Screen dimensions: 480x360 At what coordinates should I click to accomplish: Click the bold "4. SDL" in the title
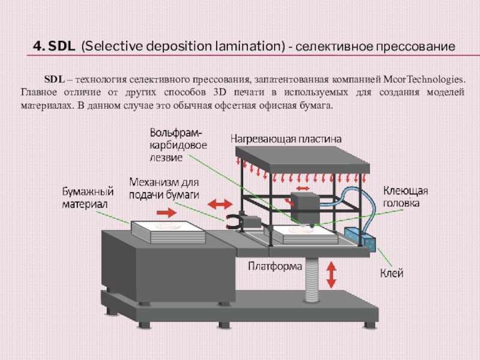pos(54,46)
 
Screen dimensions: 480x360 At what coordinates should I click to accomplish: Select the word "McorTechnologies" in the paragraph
pos(424,79)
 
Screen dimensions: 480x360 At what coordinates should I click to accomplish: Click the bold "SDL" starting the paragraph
pos(55,79)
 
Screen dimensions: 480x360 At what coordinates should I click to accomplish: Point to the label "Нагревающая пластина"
pos(286,139)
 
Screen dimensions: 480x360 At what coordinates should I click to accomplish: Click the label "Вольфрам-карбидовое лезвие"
pos(178,145)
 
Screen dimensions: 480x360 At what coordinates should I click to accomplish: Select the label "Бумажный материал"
pos(88,197)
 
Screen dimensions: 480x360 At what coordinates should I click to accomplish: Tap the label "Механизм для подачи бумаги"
pos(164,188)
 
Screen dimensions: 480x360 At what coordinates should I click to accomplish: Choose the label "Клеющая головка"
pos(406,197)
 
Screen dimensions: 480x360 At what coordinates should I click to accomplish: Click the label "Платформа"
pos(275,266)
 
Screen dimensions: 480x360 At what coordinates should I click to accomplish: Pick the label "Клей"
pos(392,273)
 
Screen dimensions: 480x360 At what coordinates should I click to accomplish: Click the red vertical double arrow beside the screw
pos(331,275)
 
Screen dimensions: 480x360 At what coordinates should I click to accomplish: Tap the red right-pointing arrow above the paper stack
pos(167,213)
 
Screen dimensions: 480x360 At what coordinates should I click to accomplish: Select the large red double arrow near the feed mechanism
pos(220,204)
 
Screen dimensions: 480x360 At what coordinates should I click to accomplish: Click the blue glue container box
pos(360,239)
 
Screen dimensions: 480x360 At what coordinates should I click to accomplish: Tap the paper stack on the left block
pos(168,232)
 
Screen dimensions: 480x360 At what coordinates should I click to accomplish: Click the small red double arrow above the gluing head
pos(303,188)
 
